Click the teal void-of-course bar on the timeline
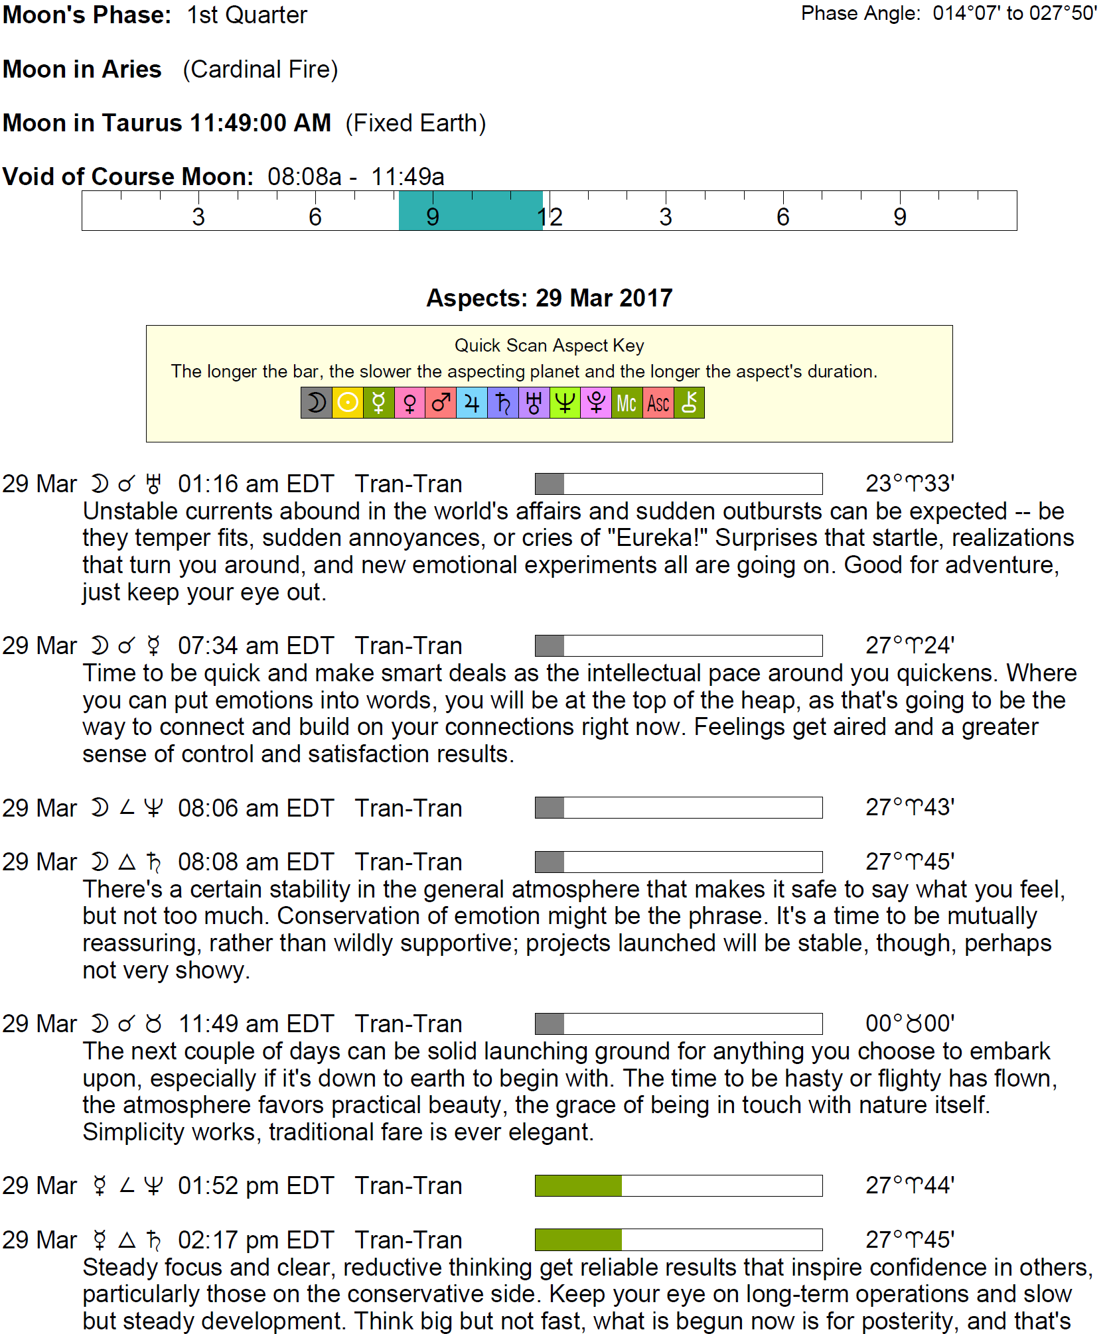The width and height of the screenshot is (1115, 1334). click(470, 211)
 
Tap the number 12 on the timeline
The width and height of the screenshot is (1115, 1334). click(550, 217)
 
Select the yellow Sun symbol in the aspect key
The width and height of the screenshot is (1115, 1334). click(347, 403)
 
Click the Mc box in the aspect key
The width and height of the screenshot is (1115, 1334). click(627, 403)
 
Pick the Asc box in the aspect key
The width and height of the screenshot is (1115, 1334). click(658, 403)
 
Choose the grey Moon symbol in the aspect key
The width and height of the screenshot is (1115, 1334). click(316, 403)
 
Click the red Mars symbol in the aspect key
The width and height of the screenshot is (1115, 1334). click(441, 403)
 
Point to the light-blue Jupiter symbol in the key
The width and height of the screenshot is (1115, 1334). click(472, 403)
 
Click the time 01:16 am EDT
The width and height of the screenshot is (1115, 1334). click(256, 484)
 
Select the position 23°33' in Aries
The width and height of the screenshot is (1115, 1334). click(909, 484)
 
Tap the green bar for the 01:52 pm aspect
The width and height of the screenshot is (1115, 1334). click(578, 1185)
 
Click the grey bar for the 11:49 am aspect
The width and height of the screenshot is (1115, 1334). click(550, 1024)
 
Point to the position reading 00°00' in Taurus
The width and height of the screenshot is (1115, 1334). click(909, 1024)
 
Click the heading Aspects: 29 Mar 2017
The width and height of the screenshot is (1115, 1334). click(549, 298)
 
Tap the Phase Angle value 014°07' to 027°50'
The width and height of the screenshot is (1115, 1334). click(1014, 13)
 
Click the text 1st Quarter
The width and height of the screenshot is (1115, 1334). click(247, 15)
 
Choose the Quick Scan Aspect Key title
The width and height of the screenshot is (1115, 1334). click(549, 346)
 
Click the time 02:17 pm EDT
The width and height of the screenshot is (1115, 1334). click(256, 1240)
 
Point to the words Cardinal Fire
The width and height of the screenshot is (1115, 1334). click(260, 69)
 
